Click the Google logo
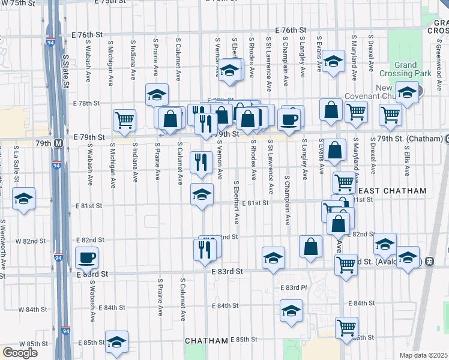(19, 353)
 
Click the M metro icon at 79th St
(58, 143)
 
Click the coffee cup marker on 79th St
(290, 119)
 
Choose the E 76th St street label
(291, 30)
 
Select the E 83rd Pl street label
(294, 288)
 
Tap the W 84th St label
(32, 310)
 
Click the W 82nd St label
(31, 241)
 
